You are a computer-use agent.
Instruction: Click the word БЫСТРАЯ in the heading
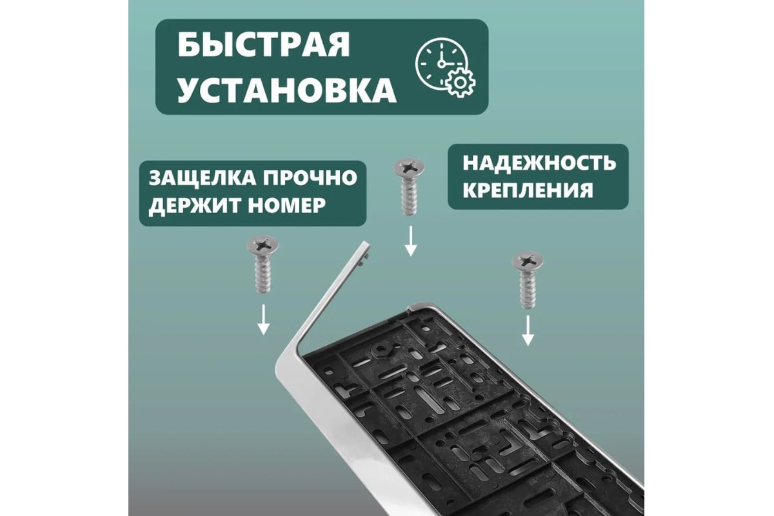point(264,45)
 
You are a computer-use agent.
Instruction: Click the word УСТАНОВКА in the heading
point(287,90)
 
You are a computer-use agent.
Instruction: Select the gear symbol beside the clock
point(459,83)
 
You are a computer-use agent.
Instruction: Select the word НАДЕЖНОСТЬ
point(539,163)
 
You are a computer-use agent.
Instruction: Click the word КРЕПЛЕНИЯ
point(528,190)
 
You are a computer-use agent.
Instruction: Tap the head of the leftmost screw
point(263,245)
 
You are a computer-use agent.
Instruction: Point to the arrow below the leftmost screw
point(263,319)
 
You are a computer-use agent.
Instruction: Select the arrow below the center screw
point(410,241)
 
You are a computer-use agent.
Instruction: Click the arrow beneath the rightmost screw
point(528,331)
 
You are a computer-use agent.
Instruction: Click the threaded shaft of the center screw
point(410,197)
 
